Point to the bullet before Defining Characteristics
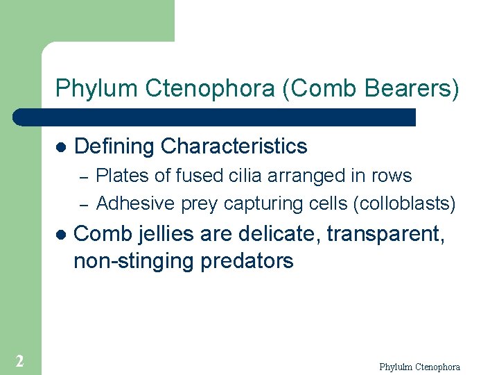(x=60, y=147)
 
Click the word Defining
(x=114, y=147)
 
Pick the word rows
(x=392, y=176)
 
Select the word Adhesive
(x=136, y=203)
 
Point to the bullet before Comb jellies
(x=60, y=235)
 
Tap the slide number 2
(x=19, y=360)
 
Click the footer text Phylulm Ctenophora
(x=419, y=367)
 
